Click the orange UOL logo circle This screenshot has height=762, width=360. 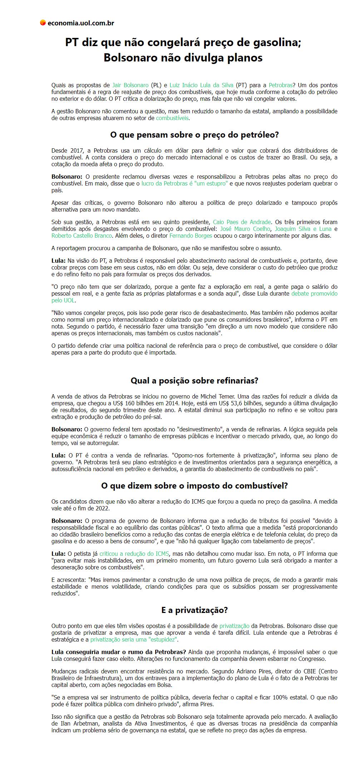[43, 23]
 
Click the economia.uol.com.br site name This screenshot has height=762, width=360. [80, 23]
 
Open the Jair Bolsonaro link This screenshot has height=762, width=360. [130, 85]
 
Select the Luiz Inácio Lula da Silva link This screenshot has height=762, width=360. [201, 85]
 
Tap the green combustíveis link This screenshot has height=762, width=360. [172, 118]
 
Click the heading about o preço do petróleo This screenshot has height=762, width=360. [194, 135]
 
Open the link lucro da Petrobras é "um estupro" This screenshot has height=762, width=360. [184, 183]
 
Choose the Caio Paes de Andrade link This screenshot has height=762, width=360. [242, 222]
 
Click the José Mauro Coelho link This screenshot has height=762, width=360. [245, 229]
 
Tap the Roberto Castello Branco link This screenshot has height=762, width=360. [82, 236]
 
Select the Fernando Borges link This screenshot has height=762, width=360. [191, 236]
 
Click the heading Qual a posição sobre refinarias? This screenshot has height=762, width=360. [194, 381]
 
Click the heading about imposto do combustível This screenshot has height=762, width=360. [194, 486]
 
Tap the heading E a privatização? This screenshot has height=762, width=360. [194, 610]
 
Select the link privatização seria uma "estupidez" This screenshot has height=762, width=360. [134, 639]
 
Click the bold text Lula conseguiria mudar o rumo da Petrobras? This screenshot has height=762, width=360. [119, 652]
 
